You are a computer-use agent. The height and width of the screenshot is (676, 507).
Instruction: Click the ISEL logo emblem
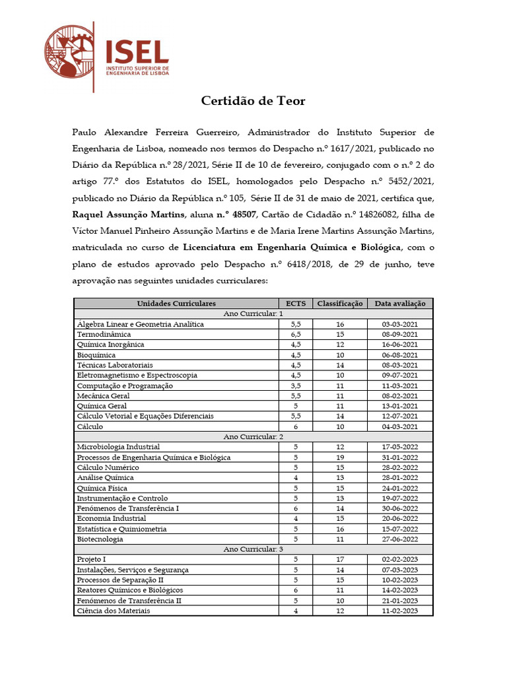(x=69, y=57)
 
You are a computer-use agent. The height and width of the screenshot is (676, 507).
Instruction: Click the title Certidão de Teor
(x=253, y=101)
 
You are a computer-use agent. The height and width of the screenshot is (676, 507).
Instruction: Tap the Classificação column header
(x=339, y=304)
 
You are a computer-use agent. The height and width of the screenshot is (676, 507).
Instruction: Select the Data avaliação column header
(x=400, y=304)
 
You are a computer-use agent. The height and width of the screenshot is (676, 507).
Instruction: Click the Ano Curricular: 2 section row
(x=253, y=436)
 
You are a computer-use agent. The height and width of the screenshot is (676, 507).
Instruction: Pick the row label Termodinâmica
(x=104, y=335)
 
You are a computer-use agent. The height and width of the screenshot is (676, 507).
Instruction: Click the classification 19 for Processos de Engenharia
(x=339, y=457)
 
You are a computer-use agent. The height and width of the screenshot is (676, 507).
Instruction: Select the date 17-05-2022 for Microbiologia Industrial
(x=400, y=447)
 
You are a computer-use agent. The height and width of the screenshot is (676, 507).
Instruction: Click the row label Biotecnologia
(x=100, y=539)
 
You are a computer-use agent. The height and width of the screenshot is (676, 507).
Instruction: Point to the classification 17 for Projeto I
(x=339, y=560)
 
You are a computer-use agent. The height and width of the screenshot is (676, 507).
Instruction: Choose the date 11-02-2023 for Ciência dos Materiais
(x=400, y=611)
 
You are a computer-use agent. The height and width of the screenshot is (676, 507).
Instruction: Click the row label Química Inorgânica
(x=110, y=345)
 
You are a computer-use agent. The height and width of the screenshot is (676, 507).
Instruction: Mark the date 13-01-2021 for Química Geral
(x=400, y=406)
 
